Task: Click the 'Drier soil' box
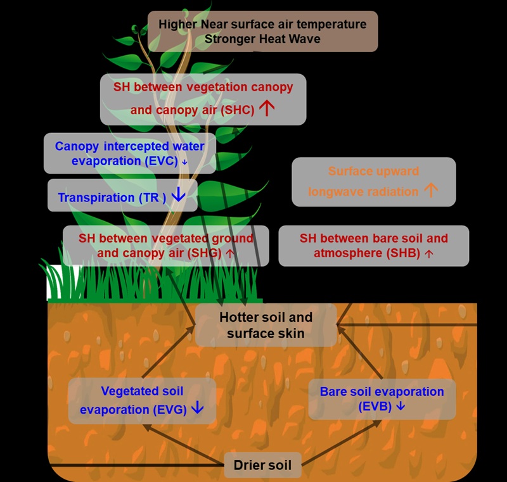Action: [x=262, y=466]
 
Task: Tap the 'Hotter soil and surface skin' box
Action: [x=266, y=325]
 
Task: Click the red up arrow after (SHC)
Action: [x=267, y=108]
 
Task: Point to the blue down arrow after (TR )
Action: [x=178, y=196]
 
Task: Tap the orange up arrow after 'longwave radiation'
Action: [x=431, y=190]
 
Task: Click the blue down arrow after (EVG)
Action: [x=197, y=408]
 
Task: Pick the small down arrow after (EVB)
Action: [x=400, y=405]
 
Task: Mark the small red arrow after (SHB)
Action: [x=429, y=253]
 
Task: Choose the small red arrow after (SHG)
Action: [x=230, y=253]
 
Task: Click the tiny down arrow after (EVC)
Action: [x=184, y=162]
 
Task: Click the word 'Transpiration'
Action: [x=96, y=198]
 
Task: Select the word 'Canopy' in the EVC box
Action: [x=76, y=146]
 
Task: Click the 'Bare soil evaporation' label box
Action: [x=382, y=398]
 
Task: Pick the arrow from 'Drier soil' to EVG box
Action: [x=184, y=443]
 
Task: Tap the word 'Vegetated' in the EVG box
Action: [x=129, y=391]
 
